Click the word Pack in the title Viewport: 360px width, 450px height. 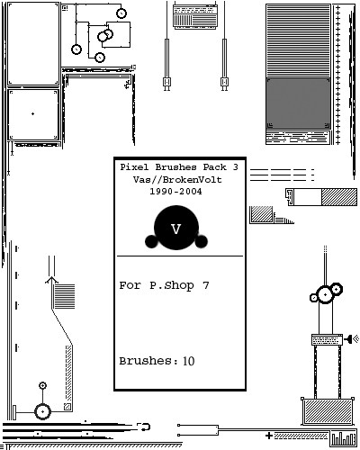[x=212, y=167]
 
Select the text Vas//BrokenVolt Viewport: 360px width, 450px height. [x=177, y=179]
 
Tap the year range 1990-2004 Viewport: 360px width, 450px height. [x=175, y=191]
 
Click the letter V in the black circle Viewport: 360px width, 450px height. [x=176, y=229]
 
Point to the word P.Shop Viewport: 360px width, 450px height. [x=172, y=285]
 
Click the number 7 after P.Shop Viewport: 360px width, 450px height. [x=205, y=285]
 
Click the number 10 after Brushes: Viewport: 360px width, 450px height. [x=189, y=361]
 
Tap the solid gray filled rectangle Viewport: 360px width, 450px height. [x=298, y=103]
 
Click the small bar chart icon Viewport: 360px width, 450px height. [x=344, y=438]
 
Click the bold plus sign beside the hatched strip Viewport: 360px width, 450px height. [x=269, y=436]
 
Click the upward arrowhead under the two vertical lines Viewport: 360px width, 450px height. [x=51, y=280]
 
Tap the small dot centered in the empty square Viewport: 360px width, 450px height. [x=32, y=113]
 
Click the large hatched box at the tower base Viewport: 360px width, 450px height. [x=328, y=411]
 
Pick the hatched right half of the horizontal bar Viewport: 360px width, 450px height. [x=339, y=197]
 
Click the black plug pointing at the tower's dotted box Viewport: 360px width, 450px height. [x=348, y=339]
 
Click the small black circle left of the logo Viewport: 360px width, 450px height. [x=151, y=241]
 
